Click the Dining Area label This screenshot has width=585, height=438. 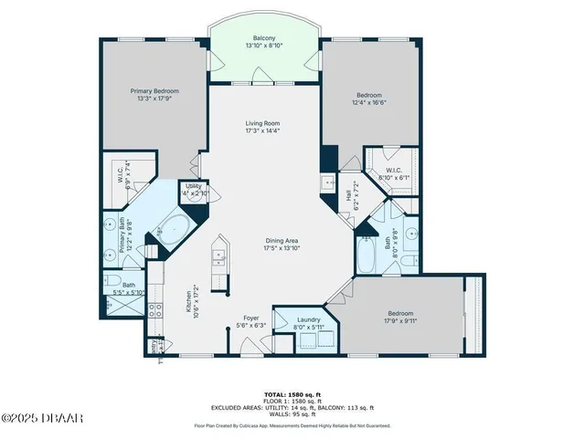282,244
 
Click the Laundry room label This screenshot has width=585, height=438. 309,320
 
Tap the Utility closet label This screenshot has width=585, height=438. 194,189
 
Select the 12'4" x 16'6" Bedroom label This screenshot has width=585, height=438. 368,99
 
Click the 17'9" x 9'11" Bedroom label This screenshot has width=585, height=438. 400,317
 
